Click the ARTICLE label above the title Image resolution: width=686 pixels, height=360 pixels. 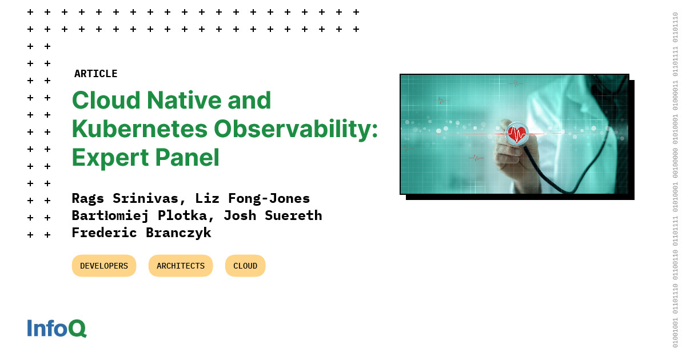[96, 74]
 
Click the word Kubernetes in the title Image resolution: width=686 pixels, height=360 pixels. [139, 129]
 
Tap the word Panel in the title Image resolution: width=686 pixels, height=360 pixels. [187, 158]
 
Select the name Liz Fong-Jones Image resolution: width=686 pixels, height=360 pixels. [253, 199]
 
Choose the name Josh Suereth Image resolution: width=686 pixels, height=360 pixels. [273, 216]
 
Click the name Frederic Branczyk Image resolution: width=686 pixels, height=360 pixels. [142, 233]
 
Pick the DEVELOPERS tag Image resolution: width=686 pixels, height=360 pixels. [104, 266]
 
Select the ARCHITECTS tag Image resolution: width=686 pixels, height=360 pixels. [181, 266]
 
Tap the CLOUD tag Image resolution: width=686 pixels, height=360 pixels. [245, 266]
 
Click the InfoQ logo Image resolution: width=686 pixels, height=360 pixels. [57, 328]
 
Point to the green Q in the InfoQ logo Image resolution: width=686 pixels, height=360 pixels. [78, 329]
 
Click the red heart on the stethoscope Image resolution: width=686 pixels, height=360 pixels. [517, 134]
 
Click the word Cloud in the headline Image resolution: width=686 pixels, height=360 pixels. [106, 101]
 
